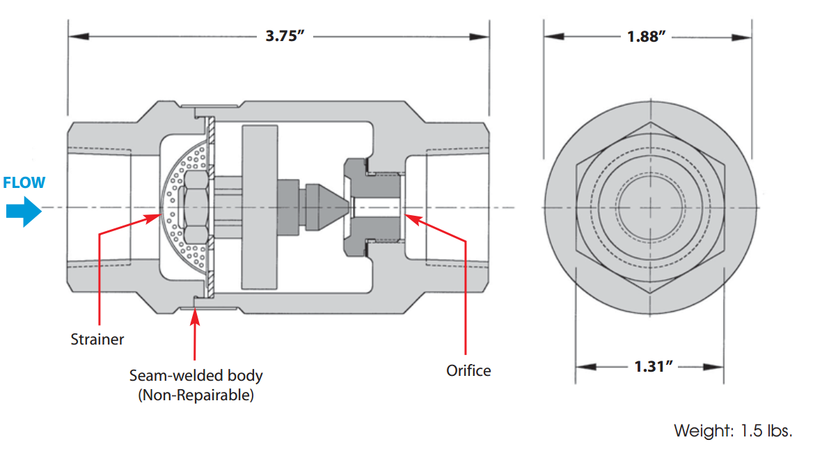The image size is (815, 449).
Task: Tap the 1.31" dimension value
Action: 649,367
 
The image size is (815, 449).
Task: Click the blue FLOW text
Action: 24,183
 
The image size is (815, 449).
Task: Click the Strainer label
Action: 97,340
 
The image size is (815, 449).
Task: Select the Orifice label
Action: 468,370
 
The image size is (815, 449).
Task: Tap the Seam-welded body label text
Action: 196,376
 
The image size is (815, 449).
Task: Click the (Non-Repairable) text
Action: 196,395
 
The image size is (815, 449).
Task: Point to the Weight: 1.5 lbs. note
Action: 733,430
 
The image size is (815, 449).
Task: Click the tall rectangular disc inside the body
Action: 258,207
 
